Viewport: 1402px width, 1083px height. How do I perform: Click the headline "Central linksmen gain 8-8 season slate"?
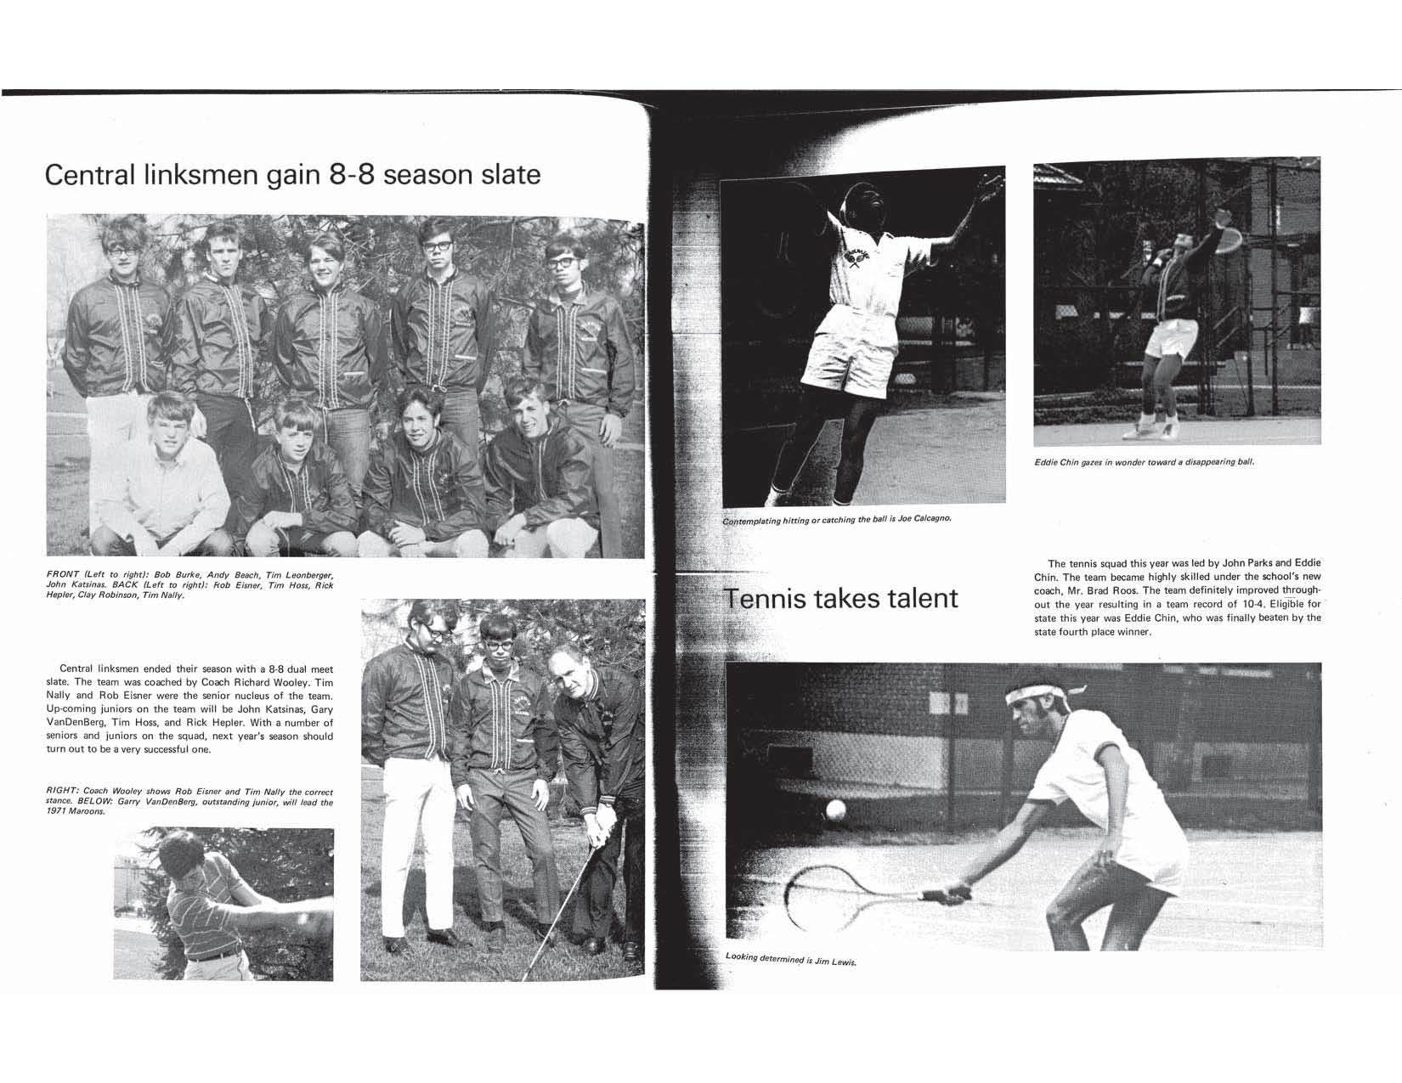coord(292,174)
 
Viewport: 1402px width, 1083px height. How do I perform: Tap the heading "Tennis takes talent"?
coord(840,598)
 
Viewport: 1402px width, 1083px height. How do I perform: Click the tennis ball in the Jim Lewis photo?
coord(836,809)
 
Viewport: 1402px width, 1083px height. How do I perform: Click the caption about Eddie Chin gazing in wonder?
coord(1144,463)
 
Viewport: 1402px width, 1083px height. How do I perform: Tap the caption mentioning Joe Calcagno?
coord(835,519)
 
